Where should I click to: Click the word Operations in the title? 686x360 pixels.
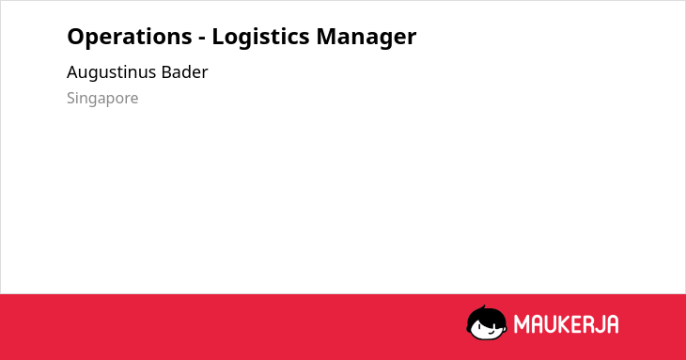(x=130, y=37)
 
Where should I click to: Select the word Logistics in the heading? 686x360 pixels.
(x=260, y=37)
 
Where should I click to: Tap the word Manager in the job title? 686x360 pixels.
(x=366, y=38)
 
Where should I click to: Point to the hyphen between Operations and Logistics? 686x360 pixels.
(x=202, y=39)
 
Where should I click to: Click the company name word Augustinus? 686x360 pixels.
(x=111, y=72)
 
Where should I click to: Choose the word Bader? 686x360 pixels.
(x=184, y=71)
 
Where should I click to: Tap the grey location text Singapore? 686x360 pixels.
(x=102, y=99)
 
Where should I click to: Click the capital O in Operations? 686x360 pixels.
(x=75, y=37)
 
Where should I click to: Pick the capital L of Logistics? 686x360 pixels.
(x=218, y=37)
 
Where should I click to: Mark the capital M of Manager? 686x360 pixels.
(x=326, y=37)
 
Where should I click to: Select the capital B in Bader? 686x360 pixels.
(x=166, y=71)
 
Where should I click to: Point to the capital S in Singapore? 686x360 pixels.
(x=71, y=98)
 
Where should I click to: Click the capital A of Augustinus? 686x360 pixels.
(x=73, y=71)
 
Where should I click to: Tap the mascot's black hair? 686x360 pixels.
(x=486, y=315)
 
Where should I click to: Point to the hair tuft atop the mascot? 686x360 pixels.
(x=483, y=307)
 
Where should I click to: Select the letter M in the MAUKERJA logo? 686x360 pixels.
(x=521, y=324)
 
